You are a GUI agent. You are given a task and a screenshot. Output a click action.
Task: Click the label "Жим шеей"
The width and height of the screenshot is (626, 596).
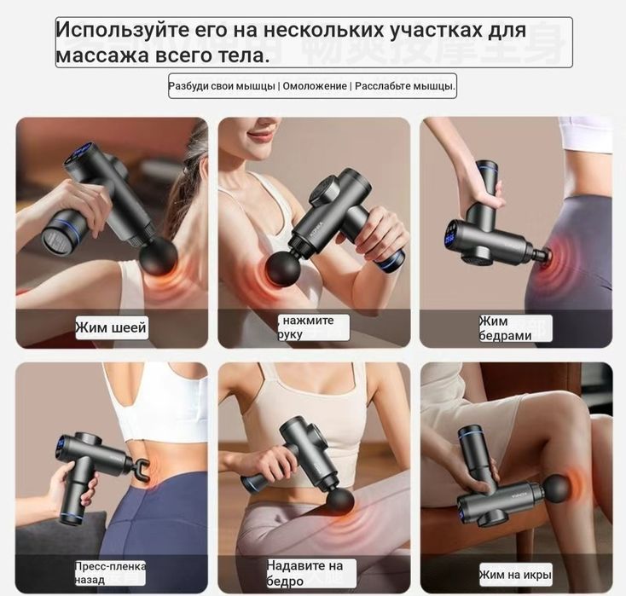coord(112,327)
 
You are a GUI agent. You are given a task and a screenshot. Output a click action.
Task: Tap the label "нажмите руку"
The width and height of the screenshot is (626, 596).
coord(313,327)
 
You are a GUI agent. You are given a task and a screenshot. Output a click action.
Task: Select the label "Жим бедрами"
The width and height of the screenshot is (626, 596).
coord(515,328)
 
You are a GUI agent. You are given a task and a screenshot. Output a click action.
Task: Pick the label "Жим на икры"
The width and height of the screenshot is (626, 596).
coord(515,574)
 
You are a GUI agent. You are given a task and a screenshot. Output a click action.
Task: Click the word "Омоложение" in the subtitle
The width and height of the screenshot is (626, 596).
coord(315,86)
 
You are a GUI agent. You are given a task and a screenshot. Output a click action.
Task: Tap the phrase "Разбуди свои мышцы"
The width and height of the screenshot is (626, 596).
coord(222,86)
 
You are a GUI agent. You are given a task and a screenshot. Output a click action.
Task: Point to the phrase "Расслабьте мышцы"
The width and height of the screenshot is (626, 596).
coord(405,86)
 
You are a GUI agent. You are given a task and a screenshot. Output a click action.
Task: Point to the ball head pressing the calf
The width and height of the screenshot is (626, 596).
coord(557,488)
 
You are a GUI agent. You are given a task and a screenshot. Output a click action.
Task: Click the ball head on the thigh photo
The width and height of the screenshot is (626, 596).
coord(339,500)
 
